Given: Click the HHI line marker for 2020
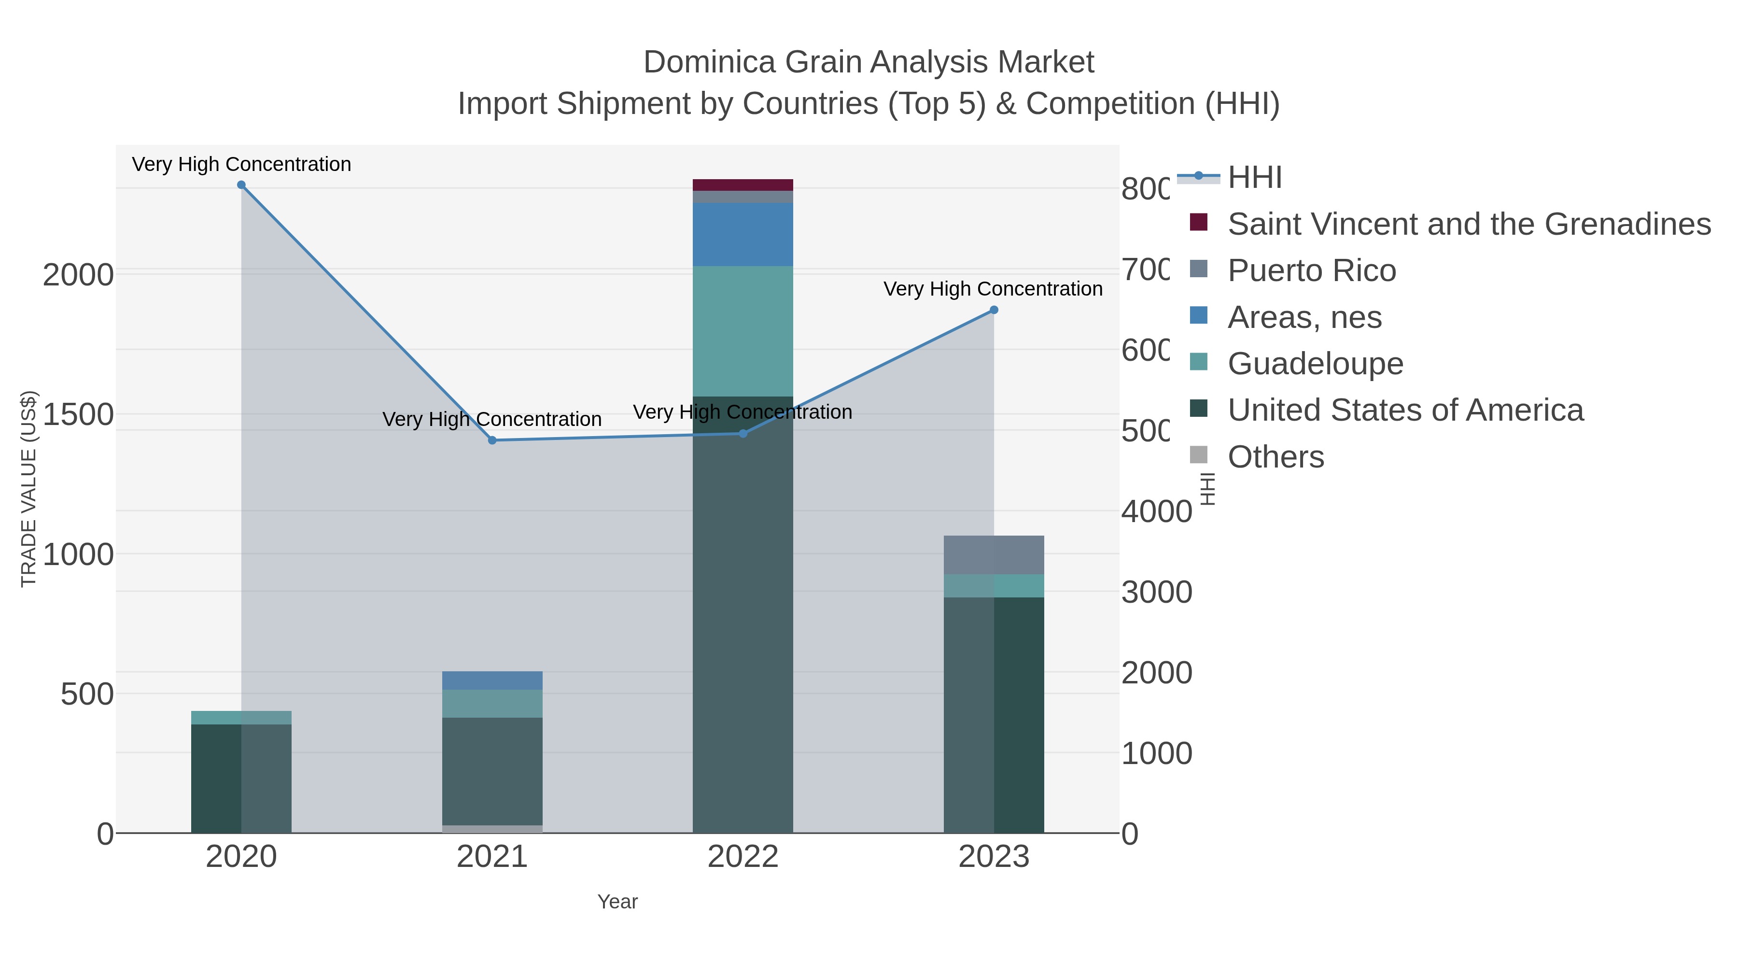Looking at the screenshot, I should [x=241, y=185].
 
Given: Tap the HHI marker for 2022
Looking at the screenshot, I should [x=743, y=433].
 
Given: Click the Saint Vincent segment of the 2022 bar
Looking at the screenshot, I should [x=743, y=185].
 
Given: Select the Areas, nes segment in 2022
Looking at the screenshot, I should [x=743, y=234].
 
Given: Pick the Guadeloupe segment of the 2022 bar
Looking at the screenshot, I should [x=743, y=331].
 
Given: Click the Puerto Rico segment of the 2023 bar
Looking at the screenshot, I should [x=994, y=555].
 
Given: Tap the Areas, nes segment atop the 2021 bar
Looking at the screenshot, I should [x=492, y=680].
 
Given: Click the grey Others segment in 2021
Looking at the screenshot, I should [x=492, y=829].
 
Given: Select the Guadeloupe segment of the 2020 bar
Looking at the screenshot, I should [x=241, y=718].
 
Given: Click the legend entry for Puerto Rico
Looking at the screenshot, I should [x=1311, y=270].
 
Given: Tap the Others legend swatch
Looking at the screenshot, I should [x=1198, y=455].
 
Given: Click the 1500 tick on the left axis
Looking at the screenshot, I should [x=78, y=414].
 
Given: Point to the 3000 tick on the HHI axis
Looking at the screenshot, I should [x=1156, y=593].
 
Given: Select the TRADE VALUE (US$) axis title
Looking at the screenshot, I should [x=28, y=489].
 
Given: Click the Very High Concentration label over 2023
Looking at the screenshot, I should [x=993, y=289].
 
